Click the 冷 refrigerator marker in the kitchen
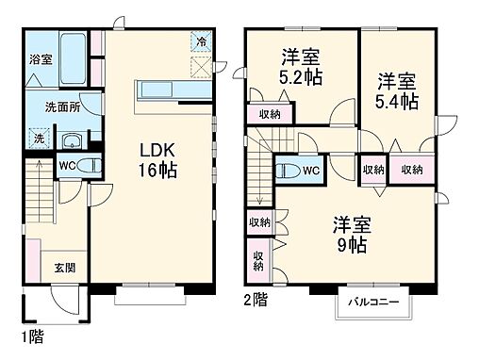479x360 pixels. (201, 41)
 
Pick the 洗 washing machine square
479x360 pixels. (39, 139)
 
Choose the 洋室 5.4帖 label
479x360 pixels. (399, 91)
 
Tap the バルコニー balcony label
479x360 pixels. (372, 303)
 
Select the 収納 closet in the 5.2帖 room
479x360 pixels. (269, 115)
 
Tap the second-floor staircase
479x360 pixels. (261, 179)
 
